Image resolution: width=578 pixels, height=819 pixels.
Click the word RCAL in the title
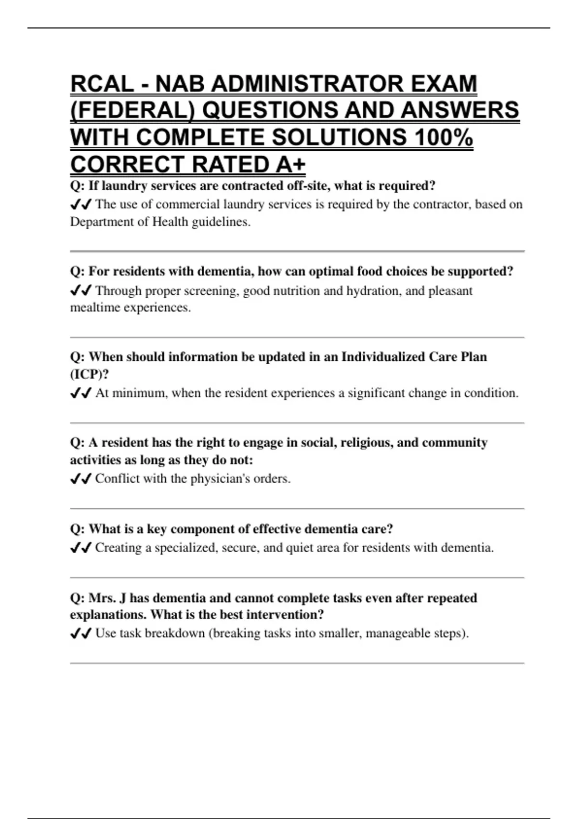click(x=102, y=84)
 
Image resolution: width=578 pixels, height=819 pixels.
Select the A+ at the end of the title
click(x=291, y=165)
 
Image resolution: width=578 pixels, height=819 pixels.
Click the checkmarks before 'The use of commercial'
click(x=80, y=205)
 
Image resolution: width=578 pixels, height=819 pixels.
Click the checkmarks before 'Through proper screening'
click(x=80, y=291)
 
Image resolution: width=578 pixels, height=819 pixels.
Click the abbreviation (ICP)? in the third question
click(x=89, y=374)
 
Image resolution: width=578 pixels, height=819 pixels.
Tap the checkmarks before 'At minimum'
click(x=80, y=394)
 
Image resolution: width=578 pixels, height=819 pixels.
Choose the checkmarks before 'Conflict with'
click(x=80, y=479)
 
